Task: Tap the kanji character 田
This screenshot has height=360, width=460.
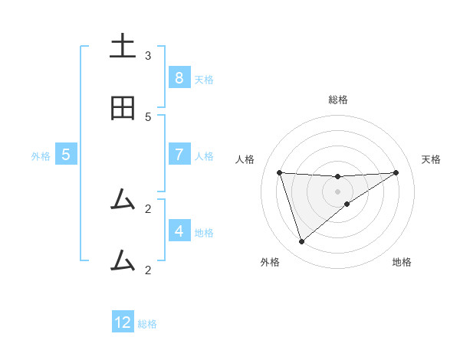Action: [123, 110]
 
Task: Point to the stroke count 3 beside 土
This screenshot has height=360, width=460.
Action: [148, 56]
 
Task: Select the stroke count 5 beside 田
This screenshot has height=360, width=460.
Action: [148, 117]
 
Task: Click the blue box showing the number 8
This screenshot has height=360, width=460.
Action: [179, 78]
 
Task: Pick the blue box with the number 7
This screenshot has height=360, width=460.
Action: [179, 155]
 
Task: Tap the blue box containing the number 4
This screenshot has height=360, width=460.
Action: [179, 231]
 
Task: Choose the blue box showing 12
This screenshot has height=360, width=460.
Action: [123, 322]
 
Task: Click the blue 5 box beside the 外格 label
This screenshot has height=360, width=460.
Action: [66, 155]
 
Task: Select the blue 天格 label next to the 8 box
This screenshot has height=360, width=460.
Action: [203, 79]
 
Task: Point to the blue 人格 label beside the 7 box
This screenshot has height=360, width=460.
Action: [203, 155]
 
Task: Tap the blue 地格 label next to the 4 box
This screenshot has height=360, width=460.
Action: [203, 232]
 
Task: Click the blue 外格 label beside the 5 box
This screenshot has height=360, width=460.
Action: [41, 155]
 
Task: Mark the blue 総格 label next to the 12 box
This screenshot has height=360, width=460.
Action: [147, 323]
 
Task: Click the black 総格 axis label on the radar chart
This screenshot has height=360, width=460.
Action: [338, 100]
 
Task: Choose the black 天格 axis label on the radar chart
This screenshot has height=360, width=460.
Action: [431, 159]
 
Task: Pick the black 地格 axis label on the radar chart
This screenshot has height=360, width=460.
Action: [402, 262]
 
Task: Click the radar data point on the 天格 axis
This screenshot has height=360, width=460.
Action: [396, 172]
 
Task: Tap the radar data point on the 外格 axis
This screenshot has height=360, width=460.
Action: [301, 242]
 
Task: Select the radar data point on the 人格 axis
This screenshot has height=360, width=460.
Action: [279, 172]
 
